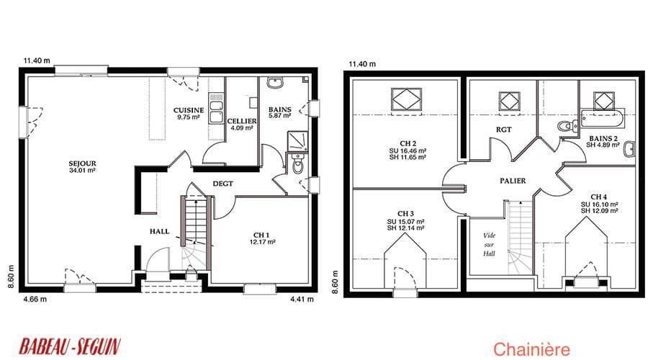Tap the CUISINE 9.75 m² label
189,113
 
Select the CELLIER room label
242,121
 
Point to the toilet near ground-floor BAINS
297,163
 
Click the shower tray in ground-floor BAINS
297,141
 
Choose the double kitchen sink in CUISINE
216,108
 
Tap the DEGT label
222,184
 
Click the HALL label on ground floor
160,231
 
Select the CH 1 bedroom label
262,235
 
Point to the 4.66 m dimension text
35,299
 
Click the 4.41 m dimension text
302,299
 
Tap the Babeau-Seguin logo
70,346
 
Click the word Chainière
531,349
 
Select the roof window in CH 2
406,99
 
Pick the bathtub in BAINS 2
603,118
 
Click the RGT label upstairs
503,130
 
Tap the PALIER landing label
513,181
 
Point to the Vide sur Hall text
490,245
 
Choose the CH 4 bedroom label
599,197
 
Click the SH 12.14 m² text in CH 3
405,228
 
